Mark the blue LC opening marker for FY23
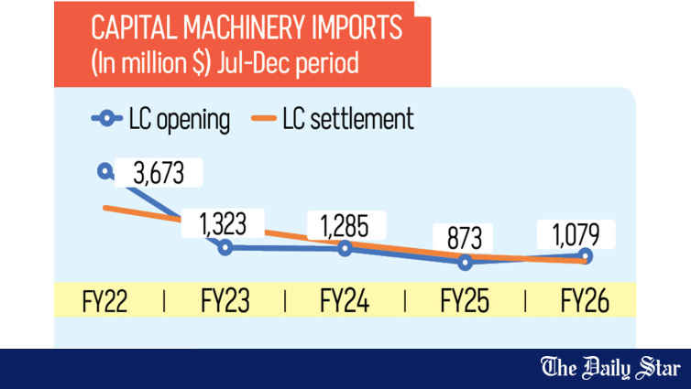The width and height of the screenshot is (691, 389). tap(225, 247)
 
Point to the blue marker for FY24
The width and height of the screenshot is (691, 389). tap(345, 248)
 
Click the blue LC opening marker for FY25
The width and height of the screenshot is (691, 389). tap(466, 263)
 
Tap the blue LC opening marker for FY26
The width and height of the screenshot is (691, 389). tap(587, 257)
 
